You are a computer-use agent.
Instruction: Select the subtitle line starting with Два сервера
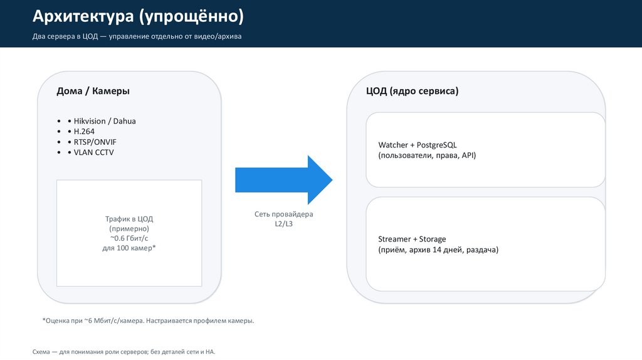point(137,36)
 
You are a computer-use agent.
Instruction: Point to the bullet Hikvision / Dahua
point(105,121)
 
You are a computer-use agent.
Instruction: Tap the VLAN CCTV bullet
point(94,152)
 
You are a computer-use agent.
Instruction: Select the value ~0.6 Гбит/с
point(129,239)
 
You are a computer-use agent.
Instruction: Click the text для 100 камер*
point(129,249)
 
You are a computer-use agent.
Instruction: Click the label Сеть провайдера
point(283,214)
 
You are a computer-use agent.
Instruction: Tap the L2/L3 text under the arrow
point(283,224)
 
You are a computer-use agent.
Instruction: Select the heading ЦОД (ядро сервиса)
point(413,91)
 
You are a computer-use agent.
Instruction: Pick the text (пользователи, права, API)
point(427,155)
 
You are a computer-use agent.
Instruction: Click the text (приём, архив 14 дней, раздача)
point(438,250)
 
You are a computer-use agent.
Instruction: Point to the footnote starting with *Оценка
point(148,320)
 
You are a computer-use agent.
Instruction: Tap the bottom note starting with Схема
point(124,352)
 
